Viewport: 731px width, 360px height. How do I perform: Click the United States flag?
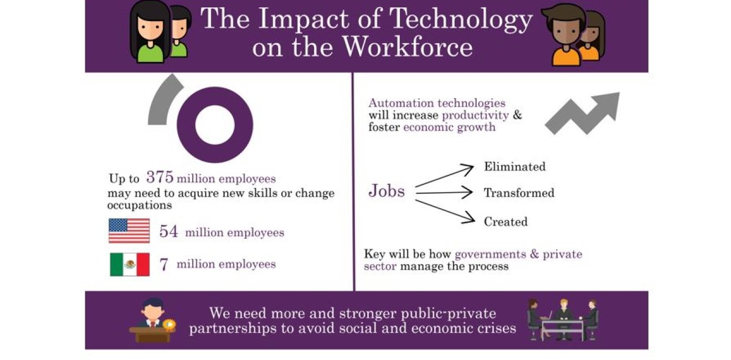click(129, 230)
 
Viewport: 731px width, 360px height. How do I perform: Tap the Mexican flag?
click(130, 264)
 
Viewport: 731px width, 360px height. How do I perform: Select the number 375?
click(160, 177)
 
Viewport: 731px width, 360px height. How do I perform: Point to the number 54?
click(168, 232)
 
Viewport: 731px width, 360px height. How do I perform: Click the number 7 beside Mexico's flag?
click(163, 265)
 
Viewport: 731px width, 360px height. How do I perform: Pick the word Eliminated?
click(514, 167)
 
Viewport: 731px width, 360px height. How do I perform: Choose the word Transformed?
click(519, 193)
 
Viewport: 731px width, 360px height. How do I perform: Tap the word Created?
click(506, 222)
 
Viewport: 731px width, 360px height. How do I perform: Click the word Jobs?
click(387, 192)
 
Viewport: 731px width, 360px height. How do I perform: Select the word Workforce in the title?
click(407, 47)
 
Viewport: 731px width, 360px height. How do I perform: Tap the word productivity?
click(475, 115)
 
